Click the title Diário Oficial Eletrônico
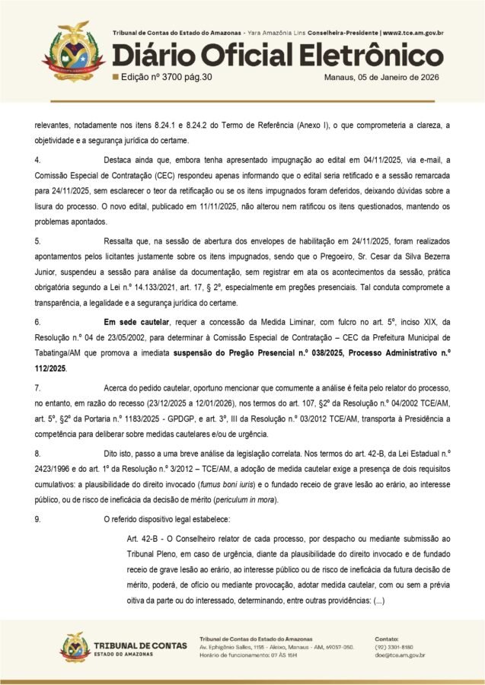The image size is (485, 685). point(277,56)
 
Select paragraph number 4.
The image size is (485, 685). point(37,160)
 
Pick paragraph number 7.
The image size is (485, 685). point(37,388)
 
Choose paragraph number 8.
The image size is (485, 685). point(37,454)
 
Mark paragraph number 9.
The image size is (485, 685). point(37,520)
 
